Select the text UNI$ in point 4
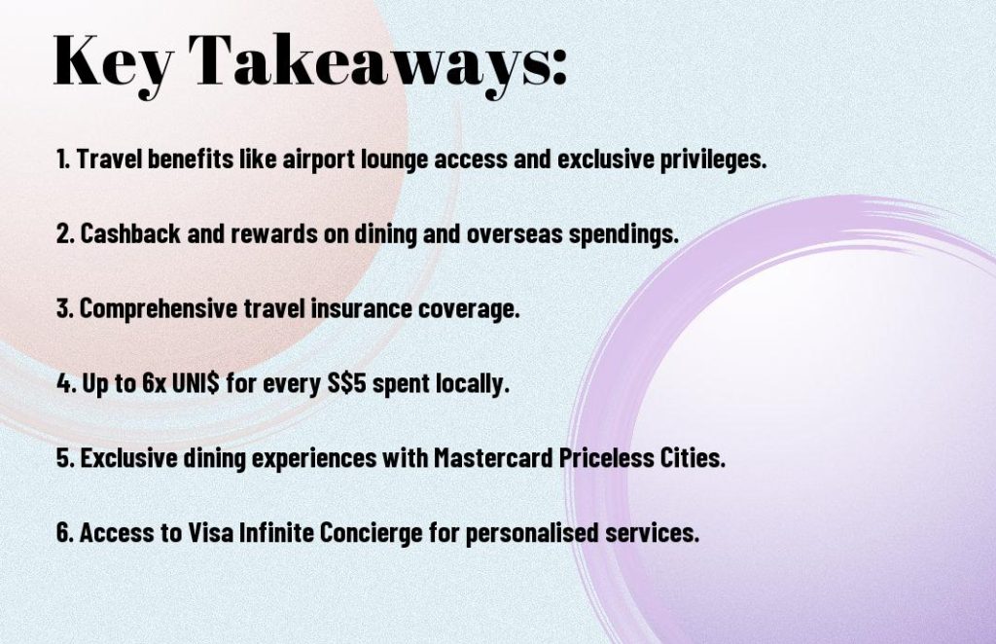195,383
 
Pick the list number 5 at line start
63,458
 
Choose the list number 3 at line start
63,308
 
